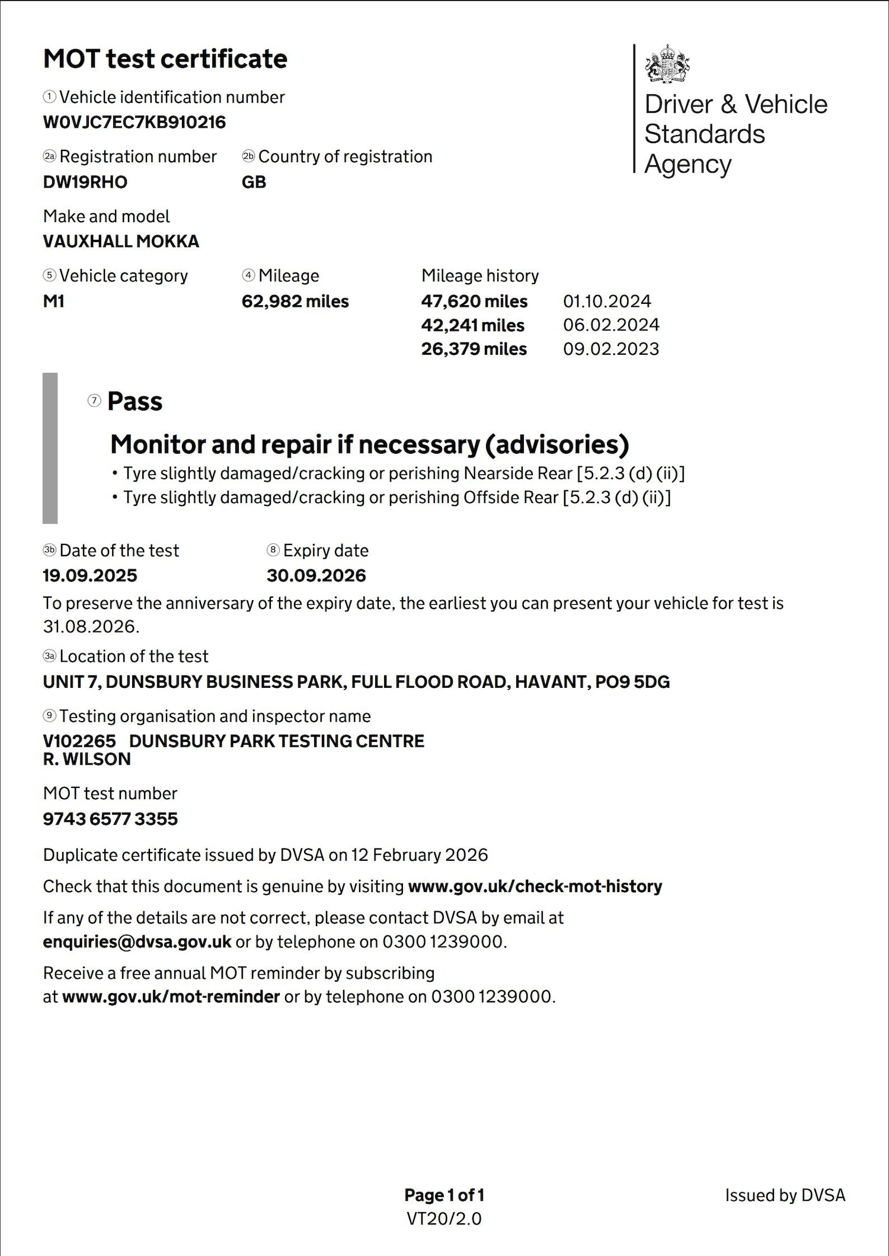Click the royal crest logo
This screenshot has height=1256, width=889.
click(667, 63)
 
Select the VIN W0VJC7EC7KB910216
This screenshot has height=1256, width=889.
click(135, 123)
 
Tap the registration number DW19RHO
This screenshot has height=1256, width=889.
click(85, 182)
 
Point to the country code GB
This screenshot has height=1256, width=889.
click(254, 182)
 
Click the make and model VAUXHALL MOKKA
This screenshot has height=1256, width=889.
click(121, 241)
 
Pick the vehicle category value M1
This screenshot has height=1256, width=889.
click(53, 301)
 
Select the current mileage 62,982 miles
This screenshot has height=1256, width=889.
click(295, 301)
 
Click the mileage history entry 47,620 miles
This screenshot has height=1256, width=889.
click(474, 301)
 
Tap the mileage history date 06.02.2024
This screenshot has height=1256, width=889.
click(611, 325)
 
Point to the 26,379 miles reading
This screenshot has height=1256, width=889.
click(474, 349)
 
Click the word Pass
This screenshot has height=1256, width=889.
click(135, 402)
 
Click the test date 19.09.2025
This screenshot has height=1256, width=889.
click(90, 575)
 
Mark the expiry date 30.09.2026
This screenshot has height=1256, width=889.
click(316, 575)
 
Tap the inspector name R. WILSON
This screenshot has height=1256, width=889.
click(87, 759)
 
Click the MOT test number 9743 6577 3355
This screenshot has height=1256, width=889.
click(110, 819)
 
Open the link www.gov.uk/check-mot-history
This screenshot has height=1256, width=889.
click(535, 886)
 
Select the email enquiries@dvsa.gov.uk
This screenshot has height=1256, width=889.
click(137, 941)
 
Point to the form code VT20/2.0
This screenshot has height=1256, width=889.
click(444, 1219)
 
